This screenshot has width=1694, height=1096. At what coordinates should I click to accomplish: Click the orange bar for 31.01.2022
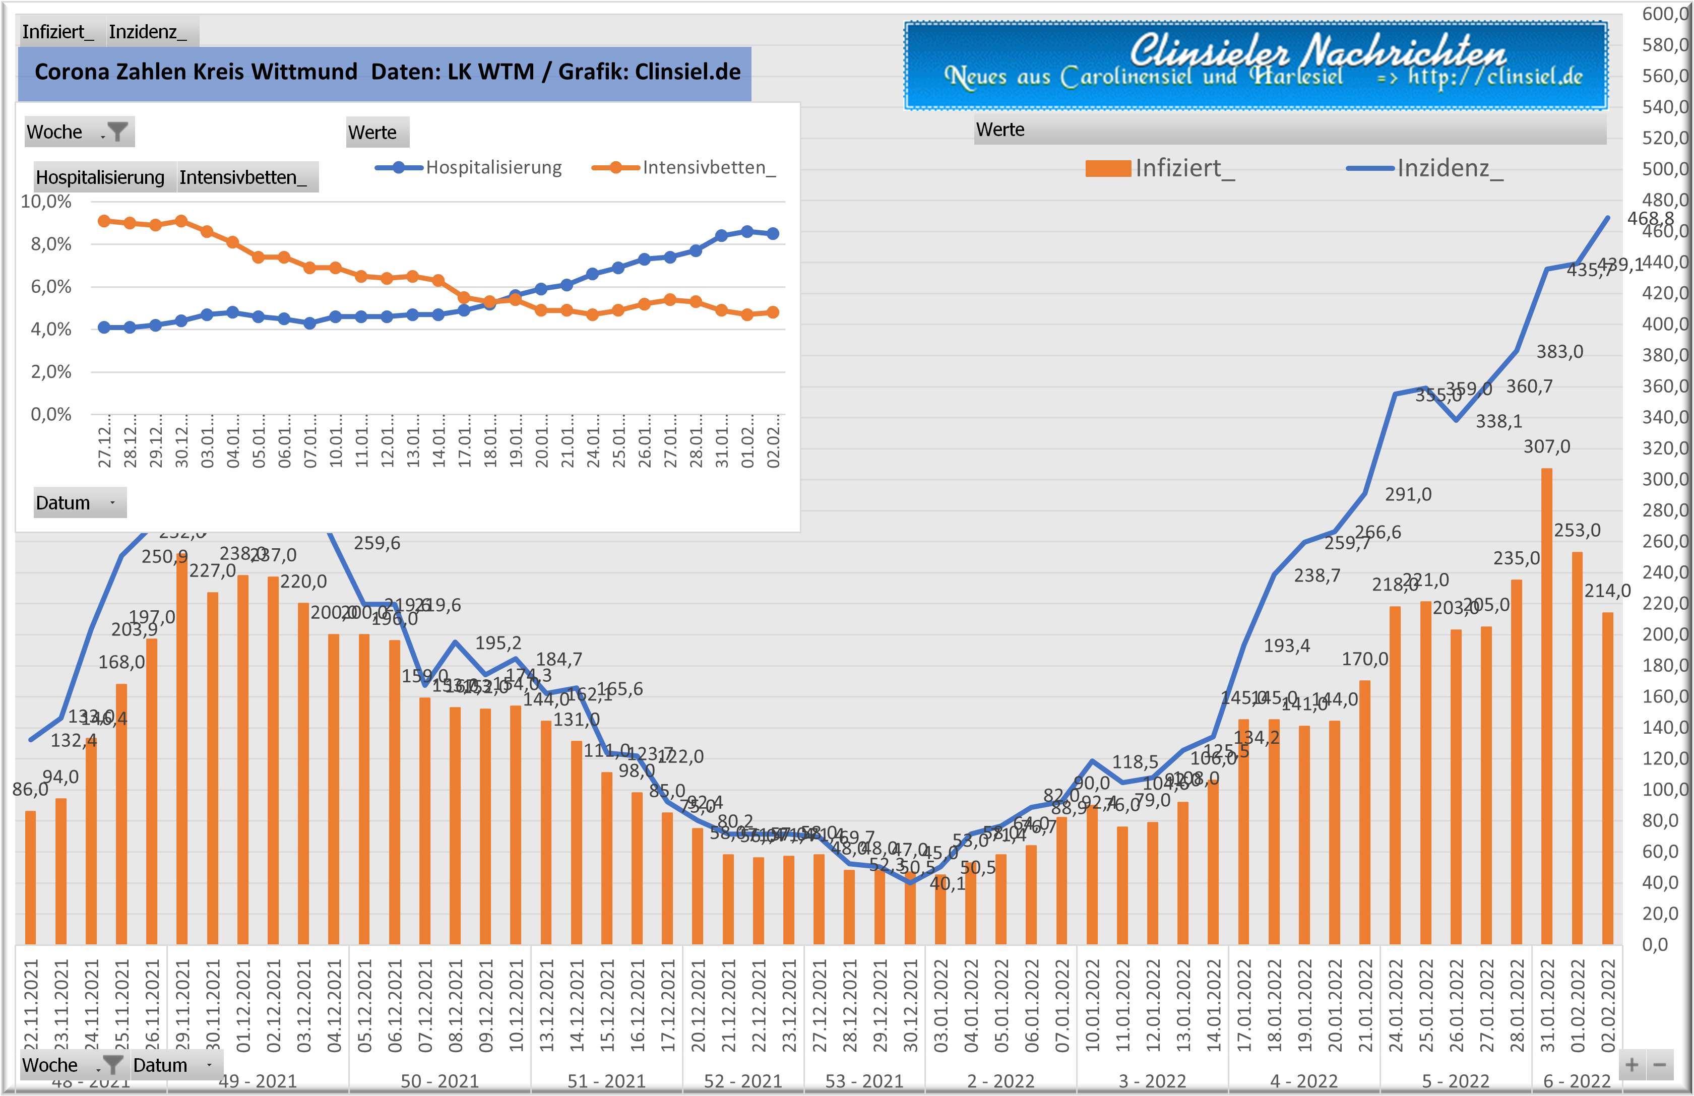point(1547,704)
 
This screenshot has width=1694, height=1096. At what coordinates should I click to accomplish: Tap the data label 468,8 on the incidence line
point(1650,219)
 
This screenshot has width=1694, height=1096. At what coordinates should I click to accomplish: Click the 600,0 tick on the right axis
point(1665,14)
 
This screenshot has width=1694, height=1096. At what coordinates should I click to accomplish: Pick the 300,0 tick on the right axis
point(1665,479)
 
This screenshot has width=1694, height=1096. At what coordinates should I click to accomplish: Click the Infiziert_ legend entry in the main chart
point(1160,168)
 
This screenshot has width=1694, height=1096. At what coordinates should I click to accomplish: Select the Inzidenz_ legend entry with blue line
point(1425,168)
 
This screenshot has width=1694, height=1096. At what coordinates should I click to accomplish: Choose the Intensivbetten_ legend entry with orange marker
point(684,167)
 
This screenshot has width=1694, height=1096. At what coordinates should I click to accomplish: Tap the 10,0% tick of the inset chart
point(46,202)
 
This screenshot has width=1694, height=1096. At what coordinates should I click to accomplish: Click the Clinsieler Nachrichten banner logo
point(1256,66)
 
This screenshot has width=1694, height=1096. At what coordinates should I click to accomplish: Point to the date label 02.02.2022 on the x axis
point(1608,1005)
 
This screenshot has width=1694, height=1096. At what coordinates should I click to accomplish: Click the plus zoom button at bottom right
point(1632,1065)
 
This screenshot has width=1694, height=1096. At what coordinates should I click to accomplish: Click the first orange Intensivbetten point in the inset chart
point(104,221)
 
